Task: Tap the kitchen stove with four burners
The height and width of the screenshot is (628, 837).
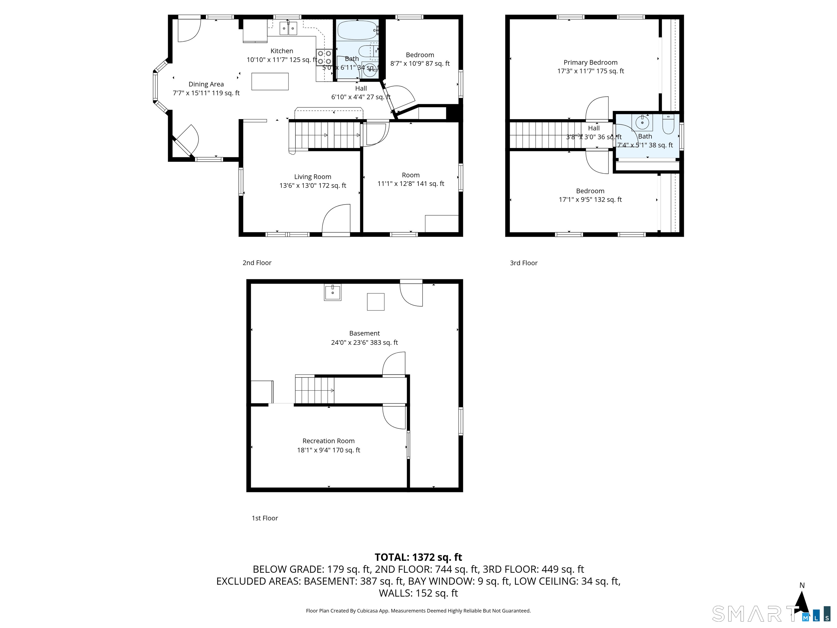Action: pyautogui.click(x=324, y=58)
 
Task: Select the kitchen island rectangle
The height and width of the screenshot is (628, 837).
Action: pyautogui.click(x=270, y=81)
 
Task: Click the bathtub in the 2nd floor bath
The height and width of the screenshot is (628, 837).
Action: pyautogui.click(x=357, y=30)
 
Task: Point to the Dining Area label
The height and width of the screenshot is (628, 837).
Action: pyautogui.click(x=206, y=84)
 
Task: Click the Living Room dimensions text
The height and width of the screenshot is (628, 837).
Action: pyautogui.click(x=313, y=186)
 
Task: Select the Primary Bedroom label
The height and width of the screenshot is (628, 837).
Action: pyautogui.click(x=590, y=62)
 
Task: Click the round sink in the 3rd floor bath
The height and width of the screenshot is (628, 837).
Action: pyautogui.click(x=642, y=123)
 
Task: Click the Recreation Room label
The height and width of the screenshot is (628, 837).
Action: pyautogui.click(x=328, y=441)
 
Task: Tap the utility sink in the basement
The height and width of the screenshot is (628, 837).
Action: pyautogui.click(x=333, y=292)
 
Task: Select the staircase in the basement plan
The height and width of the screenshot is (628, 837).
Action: pyautogui.click(x=314, y=390)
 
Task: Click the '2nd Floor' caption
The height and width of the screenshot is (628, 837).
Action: pyautogui.click(x=257, y=263)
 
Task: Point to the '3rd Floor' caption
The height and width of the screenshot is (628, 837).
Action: pyautogui.click(x=523, y=263)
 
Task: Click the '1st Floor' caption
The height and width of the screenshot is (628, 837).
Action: pyautogui.click(x=265, y=518)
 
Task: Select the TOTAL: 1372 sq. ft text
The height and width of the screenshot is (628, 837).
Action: pyautogui.click(x=418, y=557)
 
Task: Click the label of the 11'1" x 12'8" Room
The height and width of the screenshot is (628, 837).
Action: pyautogui.click(x=411, y=175)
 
